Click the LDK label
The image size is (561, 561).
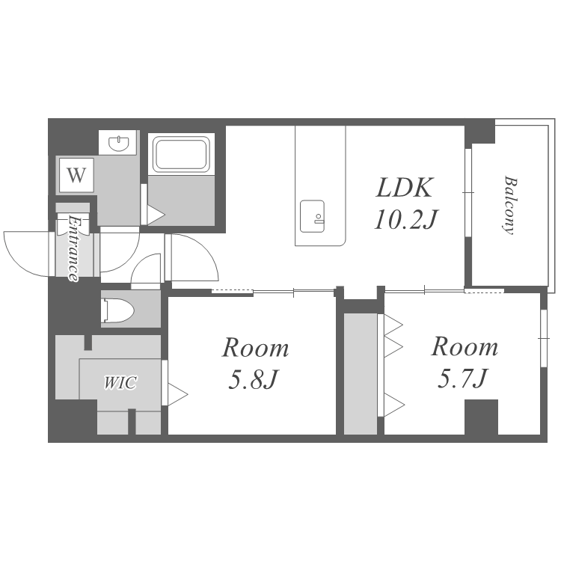tap(404, 187)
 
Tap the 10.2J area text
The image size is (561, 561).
tap(405, 219)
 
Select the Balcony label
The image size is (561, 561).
tap(509, 205)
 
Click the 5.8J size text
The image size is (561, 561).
tap(253, 379)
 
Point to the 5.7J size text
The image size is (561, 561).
tap(462, 378)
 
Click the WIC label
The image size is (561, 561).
tap(120, 382)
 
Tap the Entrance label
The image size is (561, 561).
tap(74, 248)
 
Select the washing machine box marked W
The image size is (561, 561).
tap(76, 175)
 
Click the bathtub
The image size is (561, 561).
tap(181, 154)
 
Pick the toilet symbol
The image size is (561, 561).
tap(117, 309)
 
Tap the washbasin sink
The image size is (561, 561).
tap(117, 144)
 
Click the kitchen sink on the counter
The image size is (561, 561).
tap(313, 216)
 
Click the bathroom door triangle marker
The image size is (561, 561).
tap(156, 215)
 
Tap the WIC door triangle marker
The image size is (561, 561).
tap(177, 395)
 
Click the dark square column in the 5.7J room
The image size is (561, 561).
tap(481, 417)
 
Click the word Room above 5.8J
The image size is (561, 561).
tap(256, 347)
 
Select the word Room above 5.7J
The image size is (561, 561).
tap(465, 346)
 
